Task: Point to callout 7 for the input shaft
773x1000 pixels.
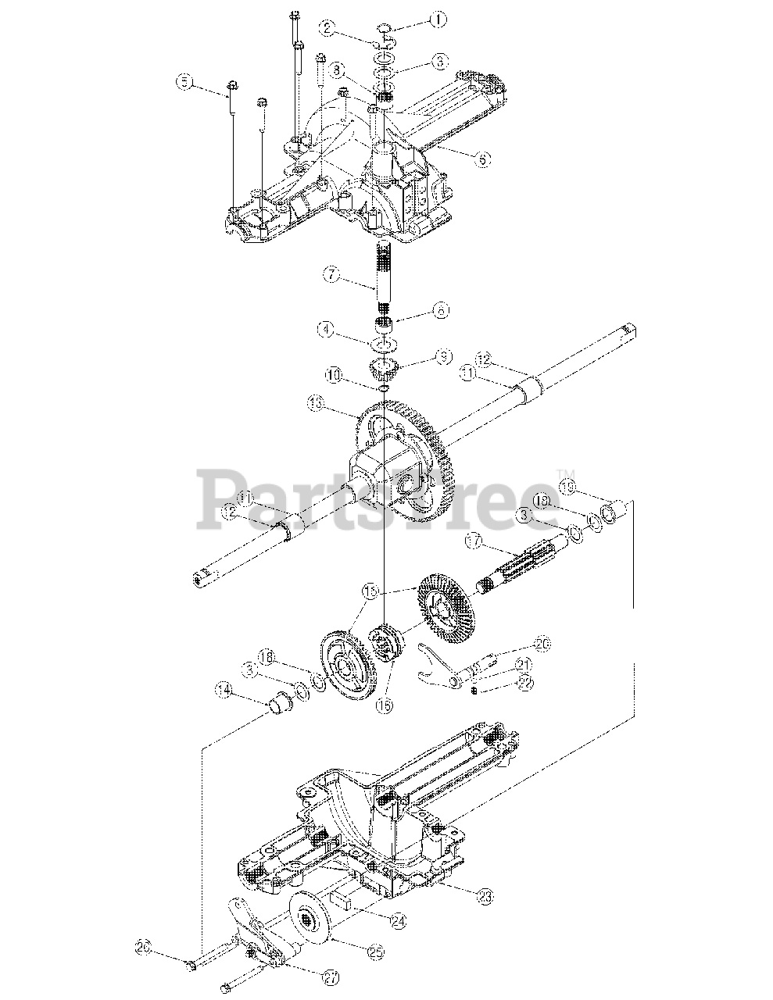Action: tap(331, 276)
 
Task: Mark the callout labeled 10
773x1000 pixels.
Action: tap(334, 377)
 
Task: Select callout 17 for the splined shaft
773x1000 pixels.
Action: tap(471, 540)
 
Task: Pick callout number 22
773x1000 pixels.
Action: tap(525, 684)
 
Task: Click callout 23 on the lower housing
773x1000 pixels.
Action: tap(486, 897)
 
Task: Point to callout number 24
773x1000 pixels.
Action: tap(399, 923)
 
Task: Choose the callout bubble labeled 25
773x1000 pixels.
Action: tap(376, 952)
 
